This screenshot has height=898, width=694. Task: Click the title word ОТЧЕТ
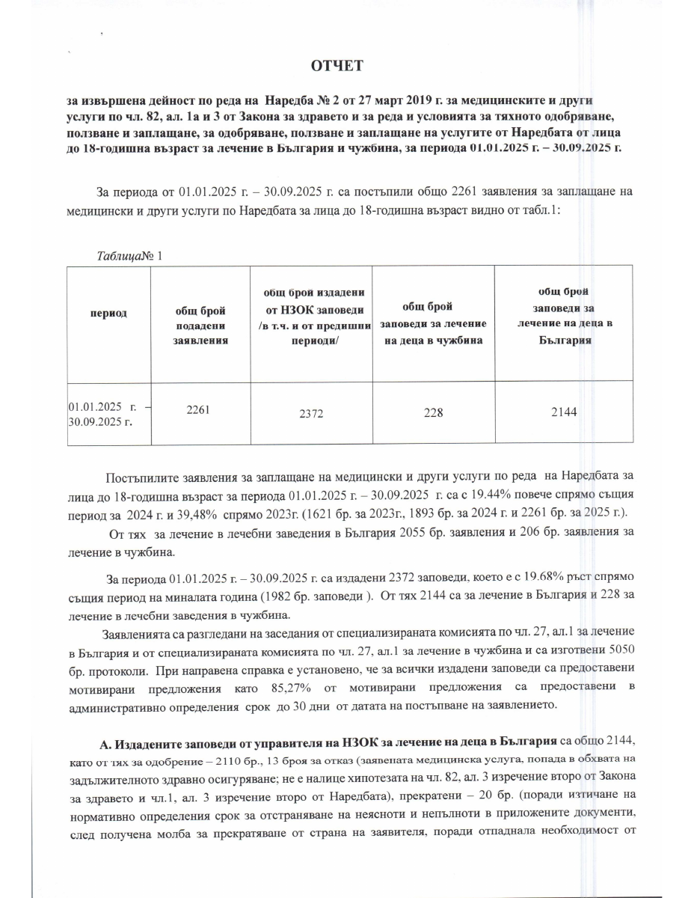(337, 67)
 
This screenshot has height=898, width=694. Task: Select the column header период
(108, 314)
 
